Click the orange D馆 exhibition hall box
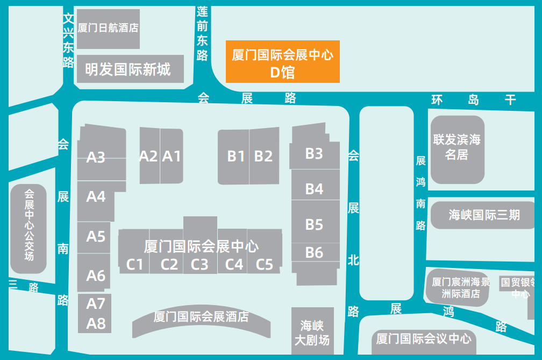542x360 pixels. click(x=282, y=62)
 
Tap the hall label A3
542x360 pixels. click(x=96, y=158)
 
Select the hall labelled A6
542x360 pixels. click(x=96, y=276)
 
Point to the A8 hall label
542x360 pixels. click(x=96, y=323)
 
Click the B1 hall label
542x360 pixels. click(x=236, y=156)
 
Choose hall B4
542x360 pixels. click(x=314, y=189)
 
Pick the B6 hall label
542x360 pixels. click(x=314, y=252)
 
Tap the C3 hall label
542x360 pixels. click(x=199, y=264)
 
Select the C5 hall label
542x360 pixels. click(x=264, y=264)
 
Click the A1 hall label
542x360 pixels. click(x=172, y=156)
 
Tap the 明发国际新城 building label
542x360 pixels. click(x=127, y=69)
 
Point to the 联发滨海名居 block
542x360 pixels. click(x=457, y=147)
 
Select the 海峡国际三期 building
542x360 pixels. click(x=484, y=215)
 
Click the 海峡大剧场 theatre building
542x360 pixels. click(x=312, y=333)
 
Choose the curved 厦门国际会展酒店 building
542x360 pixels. click(x=201, y=317)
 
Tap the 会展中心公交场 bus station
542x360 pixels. click(x=29, y=231)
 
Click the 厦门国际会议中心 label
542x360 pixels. click(x=424, y=338)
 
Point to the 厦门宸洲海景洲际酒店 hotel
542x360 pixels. click(x=460, y=288)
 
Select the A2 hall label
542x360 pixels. click(x=148, y=156)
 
